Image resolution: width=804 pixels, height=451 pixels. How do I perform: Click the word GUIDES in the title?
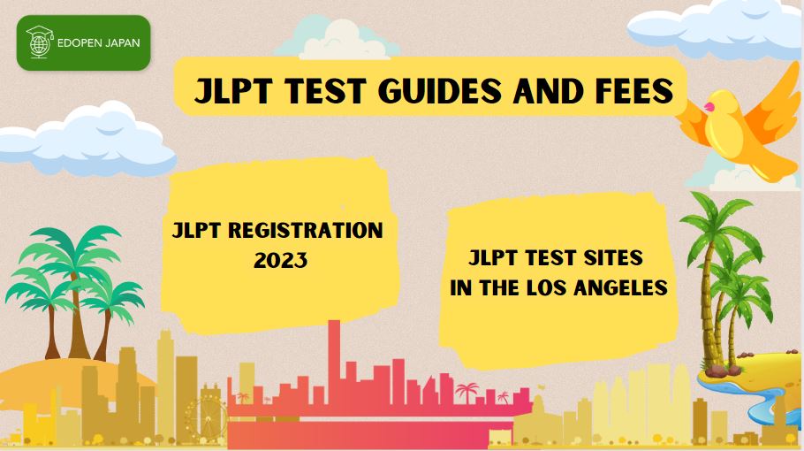tap(439, 91)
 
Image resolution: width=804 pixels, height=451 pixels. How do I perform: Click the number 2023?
tap(280, 260)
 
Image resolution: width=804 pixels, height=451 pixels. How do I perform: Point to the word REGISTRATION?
tap(305, 231)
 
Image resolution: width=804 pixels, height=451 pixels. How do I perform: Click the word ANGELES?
tap(620, 287)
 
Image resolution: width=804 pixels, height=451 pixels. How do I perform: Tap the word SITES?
tap(613, 257)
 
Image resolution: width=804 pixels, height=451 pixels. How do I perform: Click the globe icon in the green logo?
tap(40, 42)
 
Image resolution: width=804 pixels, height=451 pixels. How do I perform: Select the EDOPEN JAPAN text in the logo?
tap(98, 43)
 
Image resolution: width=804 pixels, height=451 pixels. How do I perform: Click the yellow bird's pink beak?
tap(709, 107)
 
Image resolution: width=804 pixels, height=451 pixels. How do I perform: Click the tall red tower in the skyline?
tap(334, 359)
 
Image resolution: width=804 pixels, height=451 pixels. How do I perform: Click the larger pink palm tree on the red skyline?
tap(466, 393)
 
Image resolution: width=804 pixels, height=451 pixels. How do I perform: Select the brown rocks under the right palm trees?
tap(724, 370)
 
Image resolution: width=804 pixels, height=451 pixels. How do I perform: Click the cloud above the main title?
tap(337, 39)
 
